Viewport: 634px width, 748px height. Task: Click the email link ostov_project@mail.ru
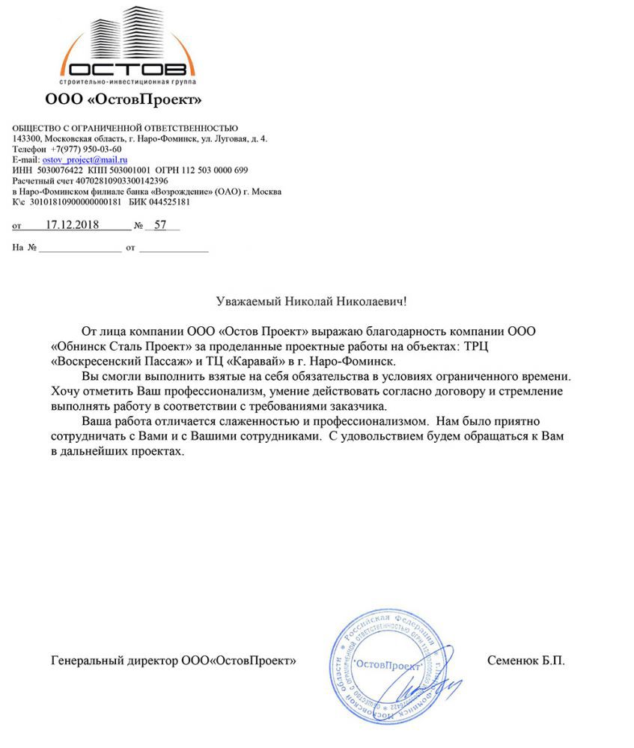(x=85, y=159)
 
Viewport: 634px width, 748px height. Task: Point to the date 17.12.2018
(x=73, y=224)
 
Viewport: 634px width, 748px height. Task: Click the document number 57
(x=160, y=224)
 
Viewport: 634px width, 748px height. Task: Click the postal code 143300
(x=26, y=138)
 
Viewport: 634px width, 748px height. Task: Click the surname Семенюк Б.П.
(x=525, y=660)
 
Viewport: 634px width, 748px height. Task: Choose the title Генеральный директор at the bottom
(x=114, y=660)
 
